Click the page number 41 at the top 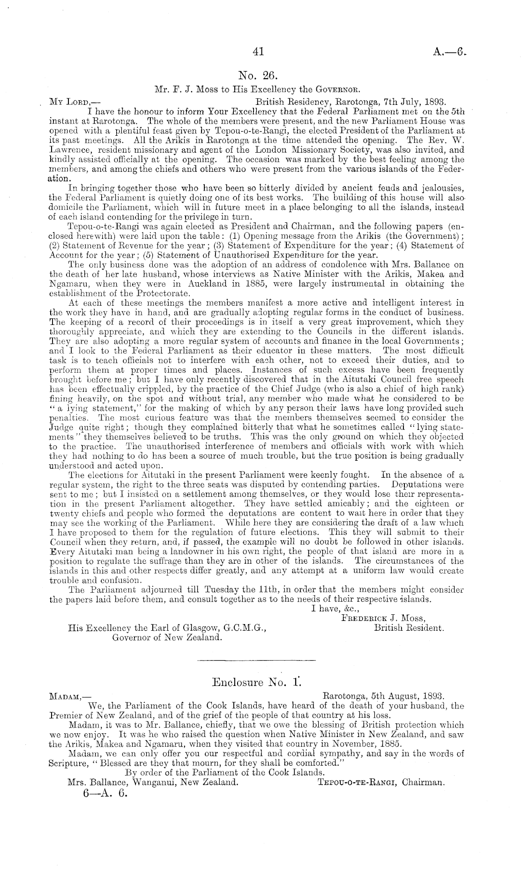point(259,52)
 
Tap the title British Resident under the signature point(409,627)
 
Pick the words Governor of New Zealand point(166,637)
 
